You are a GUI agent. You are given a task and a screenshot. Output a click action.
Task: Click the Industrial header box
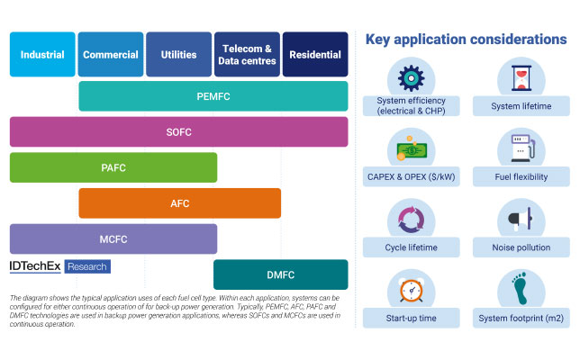pyautogui.click(x=42, y=54)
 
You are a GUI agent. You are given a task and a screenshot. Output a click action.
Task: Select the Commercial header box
pyautogui.click(x=111, y=54)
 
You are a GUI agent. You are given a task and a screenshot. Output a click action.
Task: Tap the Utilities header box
pyautogui.click(x=178, y=54)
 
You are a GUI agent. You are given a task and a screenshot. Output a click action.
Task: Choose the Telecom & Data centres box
pyautogui.click(x=247, y=54)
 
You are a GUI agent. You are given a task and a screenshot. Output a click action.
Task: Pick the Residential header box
pyautogui.click(x=315, y=54)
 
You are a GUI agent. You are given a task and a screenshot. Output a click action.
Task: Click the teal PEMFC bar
pyautogui.click(x=213, y=96)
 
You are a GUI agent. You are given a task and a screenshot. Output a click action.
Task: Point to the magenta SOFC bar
pyautogui.click(x=178, y=132)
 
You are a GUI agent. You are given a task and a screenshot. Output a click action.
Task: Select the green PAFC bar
pyautogui.click(x=113, y=167)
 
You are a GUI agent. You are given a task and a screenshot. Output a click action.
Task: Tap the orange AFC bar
pyautogui.click(x=180, y=203)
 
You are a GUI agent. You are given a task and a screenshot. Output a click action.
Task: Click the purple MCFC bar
pyautogui.click(x=113, y=238)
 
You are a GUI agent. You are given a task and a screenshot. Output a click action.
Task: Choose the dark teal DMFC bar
pyautogui.click(x=281, y=274)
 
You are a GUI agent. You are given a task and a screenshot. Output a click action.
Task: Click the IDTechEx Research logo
pyautogui.click(x=60, y=266)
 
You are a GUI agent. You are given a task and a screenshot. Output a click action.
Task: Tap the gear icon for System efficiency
pyautogui.click(x=411, y=78)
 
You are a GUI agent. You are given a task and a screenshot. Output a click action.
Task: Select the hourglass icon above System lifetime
pyautogui.click(x=521, y=78)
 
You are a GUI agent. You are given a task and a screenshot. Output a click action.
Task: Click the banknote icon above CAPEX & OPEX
pyautogui.click(x=411, y=148)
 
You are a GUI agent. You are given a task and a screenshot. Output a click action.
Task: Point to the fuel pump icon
pyautogui.click(x=522, y=148)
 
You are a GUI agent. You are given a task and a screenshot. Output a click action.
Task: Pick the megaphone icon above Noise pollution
pyautogui.click(x=521, y=219)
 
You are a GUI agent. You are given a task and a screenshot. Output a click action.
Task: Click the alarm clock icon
pyautogui.click(x=411, y=290)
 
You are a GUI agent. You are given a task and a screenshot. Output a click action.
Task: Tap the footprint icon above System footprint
pyautogui.click(x=520, y=288)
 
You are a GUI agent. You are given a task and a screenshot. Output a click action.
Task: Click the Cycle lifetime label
pyautogui.click(x=411, y=247)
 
